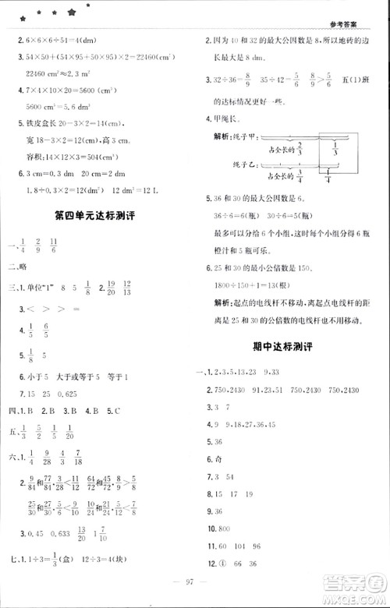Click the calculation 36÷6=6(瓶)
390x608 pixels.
tap(235, 214)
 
